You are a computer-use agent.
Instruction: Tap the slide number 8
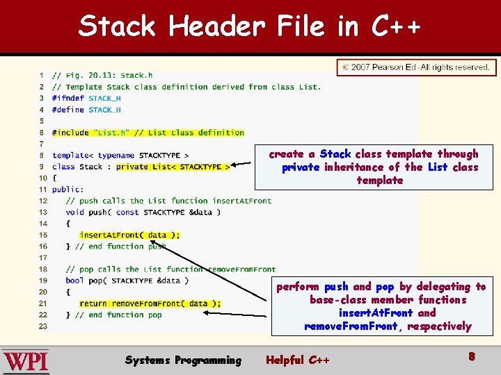coord(471,356)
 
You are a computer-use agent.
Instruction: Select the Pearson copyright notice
coord(416,67)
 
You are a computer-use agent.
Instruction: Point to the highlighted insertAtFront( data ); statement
coord(129,235)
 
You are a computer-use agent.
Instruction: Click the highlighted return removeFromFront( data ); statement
coord(150,303)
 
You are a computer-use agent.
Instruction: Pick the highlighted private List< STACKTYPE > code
coord(173,167)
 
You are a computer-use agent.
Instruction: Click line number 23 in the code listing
coord(43,326)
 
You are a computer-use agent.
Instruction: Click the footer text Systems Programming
coord(183,360)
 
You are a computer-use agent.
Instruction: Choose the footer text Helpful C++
coord(298,360)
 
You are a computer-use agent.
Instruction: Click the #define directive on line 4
coord(67,110)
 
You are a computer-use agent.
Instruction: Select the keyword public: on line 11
coord(67,190)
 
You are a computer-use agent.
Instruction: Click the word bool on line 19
coord(74,281)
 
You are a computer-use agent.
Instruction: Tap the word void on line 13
coord(74,212)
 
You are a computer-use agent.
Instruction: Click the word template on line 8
coord(70,156)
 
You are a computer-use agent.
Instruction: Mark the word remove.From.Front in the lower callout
coord(351,326)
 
